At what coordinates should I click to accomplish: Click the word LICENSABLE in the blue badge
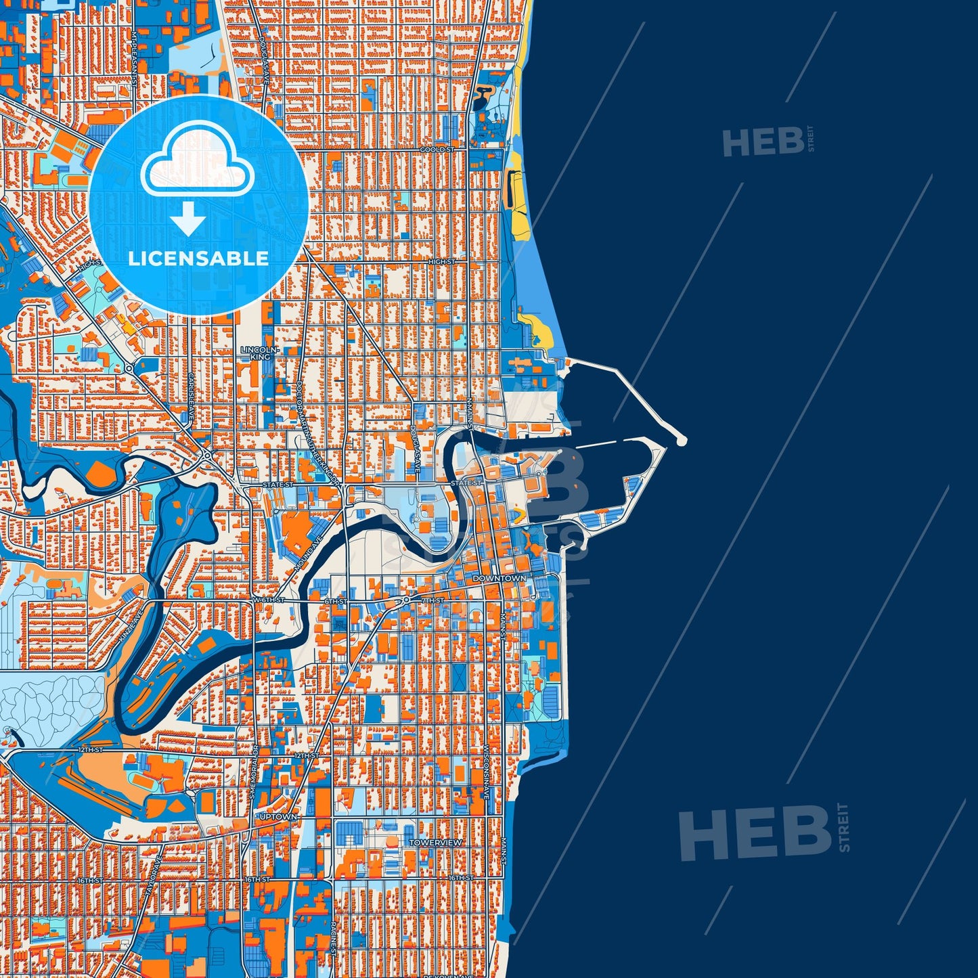pyautogui.click(x=198, y=258)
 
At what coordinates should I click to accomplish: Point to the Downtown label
pyautogui.click(x=499, y=579)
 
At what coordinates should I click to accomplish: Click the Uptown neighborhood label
pyautogui.click(x=278, y=817)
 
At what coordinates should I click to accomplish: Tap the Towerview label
pyautogui.click(x=437, y=843)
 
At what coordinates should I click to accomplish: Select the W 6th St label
pyautogui.click(x=268, y=600)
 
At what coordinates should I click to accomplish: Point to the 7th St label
pyautogui.click(x=432, y=600)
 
